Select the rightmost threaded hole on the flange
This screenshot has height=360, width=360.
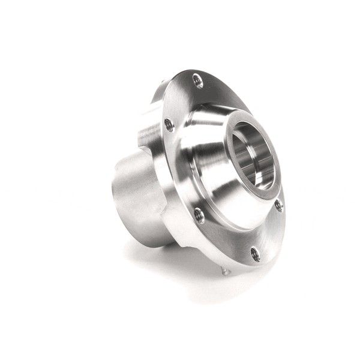coord(278,206)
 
